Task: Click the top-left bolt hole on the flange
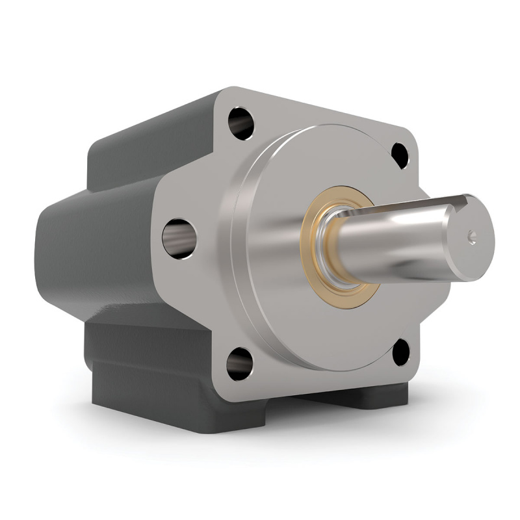click(241, 122)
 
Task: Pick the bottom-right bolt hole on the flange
click(401, 351)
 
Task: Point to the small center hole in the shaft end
click(473, 237)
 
